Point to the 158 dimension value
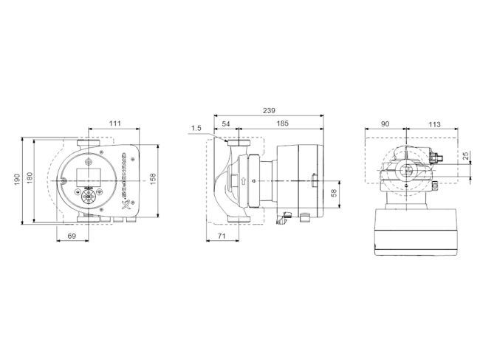(x=153, y=180)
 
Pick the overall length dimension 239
(x=269, y=110)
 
